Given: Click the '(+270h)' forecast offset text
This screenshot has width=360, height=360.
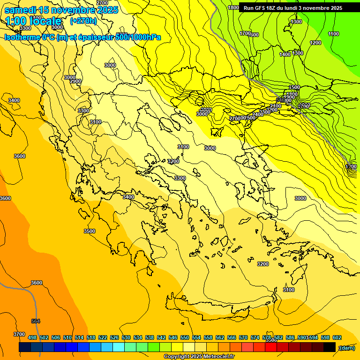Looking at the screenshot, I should pyautogui.click(x=83, y=21).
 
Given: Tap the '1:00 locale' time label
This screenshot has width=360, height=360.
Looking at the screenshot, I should pyautogui.click(x=34, y=21).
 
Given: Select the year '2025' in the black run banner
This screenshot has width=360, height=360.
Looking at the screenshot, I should pyautogui.click(x=333, y=8).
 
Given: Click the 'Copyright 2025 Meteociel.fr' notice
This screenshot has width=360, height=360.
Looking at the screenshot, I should pyautogui.click(x=199, y=356).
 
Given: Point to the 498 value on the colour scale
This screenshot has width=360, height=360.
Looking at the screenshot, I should pyautogui.click(x=32, y=337).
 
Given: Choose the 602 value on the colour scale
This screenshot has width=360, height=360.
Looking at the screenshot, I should pyautogui.click(x=337, y=337).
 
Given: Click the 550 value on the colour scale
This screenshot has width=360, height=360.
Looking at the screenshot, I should pyautogui.click(x=185, y=337).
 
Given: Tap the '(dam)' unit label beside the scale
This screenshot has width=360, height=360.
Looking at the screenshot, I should pyautogui.click(x=346, y=347).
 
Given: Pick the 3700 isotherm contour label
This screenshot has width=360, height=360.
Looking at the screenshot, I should pyautogui.click(x=19, y=334).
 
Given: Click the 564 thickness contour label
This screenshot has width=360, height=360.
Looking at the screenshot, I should pyautogui.click(x=36, y=321).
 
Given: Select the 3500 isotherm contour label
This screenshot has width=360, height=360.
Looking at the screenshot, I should pyautogui.click(x=89, y=231).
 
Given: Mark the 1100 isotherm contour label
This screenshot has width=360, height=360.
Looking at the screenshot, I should pyautogui.click(x=333, y=34).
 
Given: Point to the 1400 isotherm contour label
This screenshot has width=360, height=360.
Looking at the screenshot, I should pyautogui.click(x=285, y=55).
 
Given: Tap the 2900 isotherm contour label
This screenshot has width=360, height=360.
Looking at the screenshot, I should pyautogui.click(x=75, y=82).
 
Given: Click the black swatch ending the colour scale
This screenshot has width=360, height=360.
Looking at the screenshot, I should pyautogui.click(x=330, y=347).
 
